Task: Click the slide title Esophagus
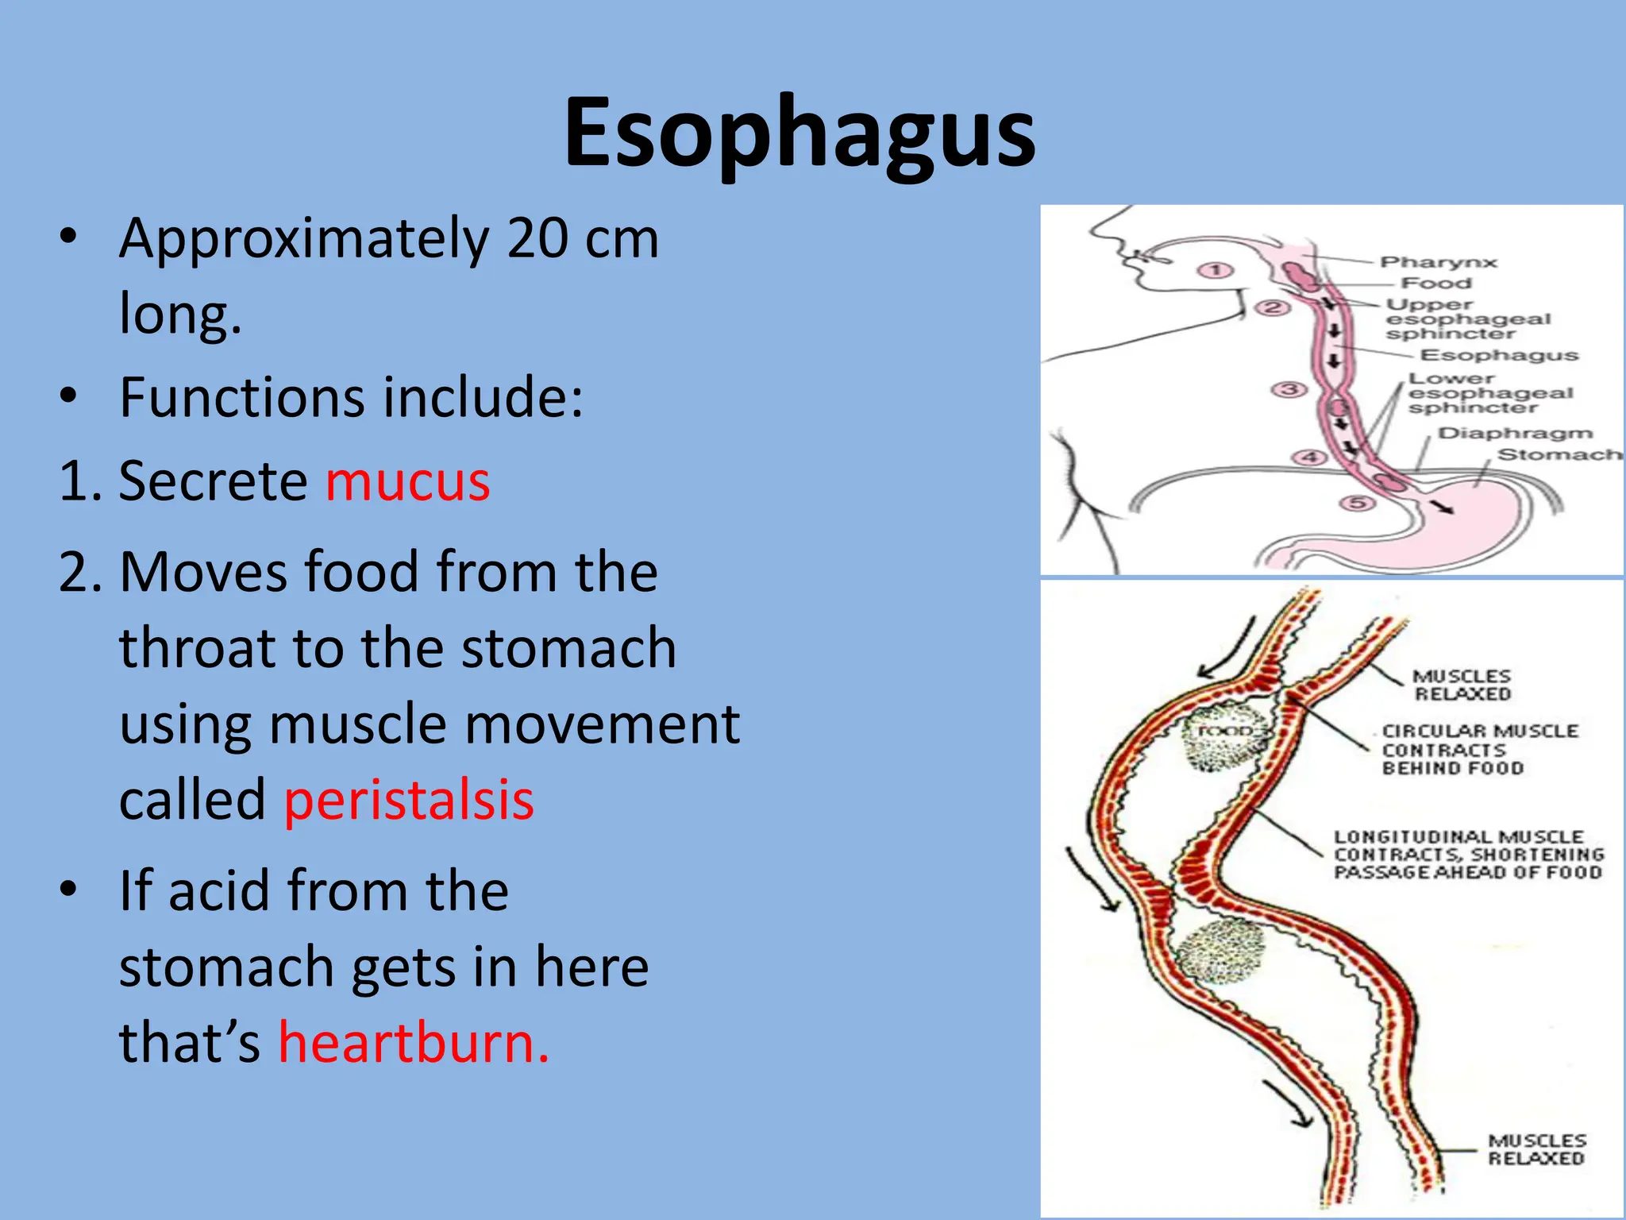point(800,133)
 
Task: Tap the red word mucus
point(407,481)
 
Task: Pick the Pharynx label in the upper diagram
point(1438,262)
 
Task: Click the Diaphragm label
point(1515,433)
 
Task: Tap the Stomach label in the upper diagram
point(1559,454)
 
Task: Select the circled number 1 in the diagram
point(1215,271)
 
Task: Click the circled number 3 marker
point(1289,389)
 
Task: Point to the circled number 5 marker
point(1357,503)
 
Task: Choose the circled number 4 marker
point(1310,457)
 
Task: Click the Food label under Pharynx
point(1436,283)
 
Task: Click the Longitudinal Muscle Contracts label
point(1468,855)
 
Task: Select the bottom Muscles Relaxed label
point(1535,1149)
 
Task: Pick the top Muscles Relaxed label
point(1462,685)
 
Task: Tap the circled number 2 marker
point(1272,307)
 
